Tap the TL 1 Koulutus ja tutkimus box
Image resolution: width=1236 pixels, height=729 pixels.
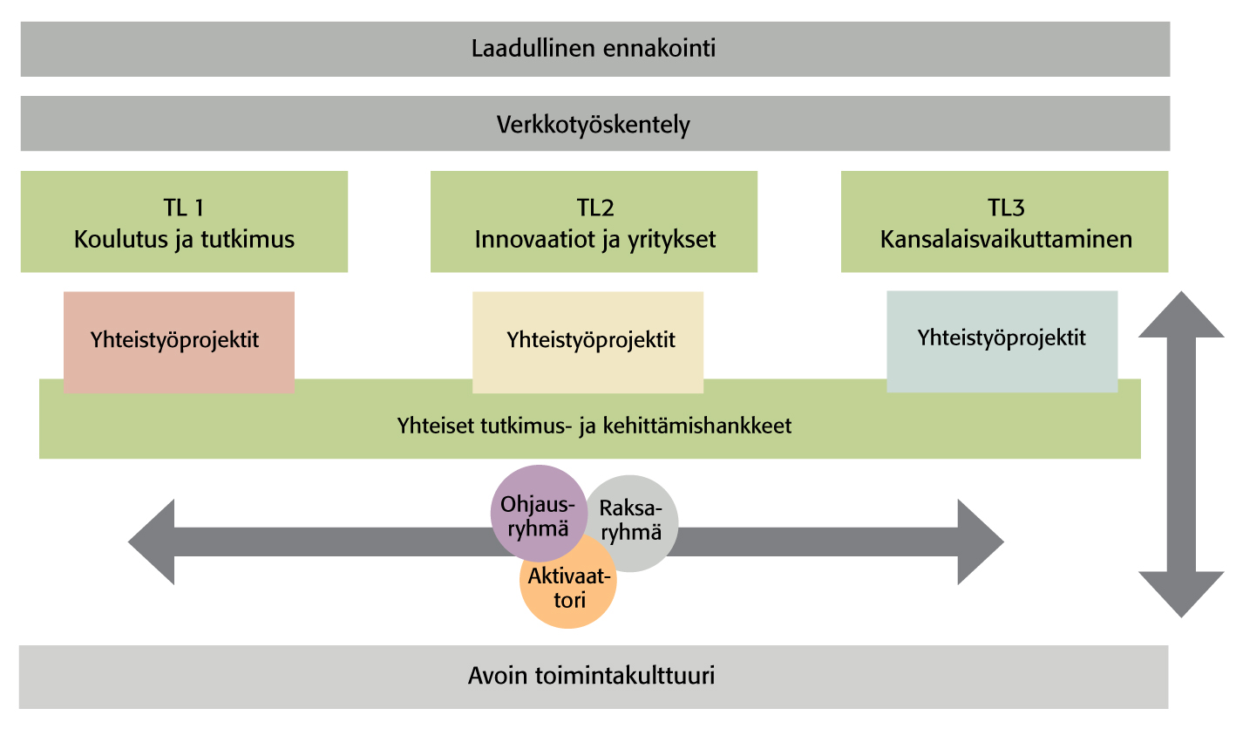pos(184,222)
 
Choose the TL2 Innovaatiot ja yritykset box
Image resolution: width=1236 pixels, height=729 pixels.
pos(594,222)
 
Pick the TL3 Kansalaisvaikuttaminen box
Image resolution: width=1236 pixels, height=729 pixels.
pos(1004,222)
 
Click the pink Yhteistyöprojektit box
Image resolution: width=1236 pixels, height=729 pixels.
pos(179,340)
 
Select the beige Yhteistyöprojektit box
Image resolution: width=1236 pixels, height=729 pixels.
pos(587,340)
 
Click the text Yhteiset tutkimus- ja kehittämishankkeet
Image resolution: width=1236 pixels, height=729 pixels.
pos(594,427)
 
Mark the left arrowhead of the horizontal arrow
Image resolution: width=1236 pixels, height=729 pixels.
pos(153,542)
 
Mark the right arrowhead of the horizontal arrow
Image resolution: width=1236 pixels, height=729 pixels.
pos(980,542)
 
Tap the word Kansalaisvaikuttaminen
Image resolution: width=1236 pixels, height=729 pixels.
pos(1006,239)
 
